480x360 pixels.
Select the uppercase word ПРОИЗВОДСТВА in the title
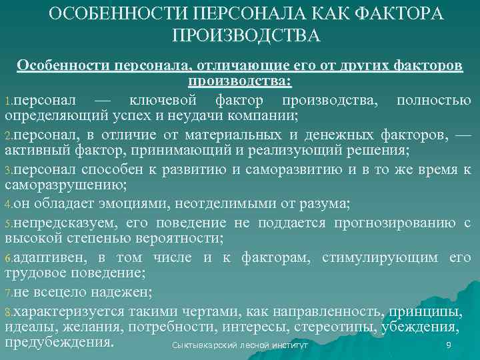pos(246,36)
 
